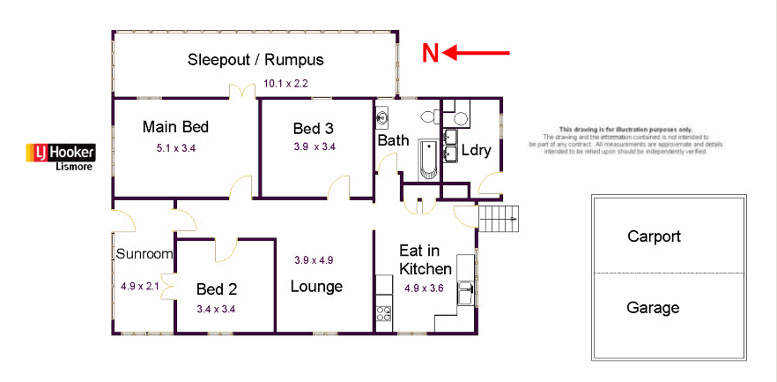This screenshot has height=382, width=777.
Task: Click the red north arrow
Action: (477, 54)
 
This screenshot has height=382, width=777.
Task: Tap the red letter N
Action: (430, 54)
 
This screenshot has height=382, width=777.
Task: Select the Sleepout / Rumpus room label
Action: (255, 60)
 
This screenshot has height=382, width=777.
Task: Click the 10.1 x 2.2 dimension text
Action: (285, 85)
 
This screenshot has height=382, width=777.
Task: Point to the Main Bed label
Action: (175, 127)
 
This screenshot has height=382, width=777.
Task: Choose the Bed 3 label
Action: (314, 130)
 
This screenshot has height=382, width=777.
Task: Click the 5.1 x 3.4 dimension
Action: (175, 148)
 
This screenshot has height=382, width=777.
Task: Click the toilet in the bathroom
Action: (430, 116)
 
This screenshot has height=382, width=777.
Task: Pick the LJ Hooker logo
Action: (60, 152)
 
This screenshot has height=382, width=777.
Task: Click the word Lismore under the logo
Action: (74, 166)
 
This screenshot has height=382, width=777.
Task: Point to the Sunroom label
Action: (144, 254)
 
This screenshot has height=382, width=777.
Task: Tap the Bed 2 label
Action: (217, 288)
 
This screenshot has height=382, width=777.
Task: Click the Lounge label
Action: (316, 287)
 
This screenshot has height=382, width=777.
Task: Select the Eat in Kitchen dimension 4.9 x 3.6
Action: (424, 288)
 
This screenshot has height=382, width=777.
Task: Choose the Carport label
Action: (654, 236)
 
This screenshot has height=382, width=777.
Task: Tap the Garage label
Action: (653, 308)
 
